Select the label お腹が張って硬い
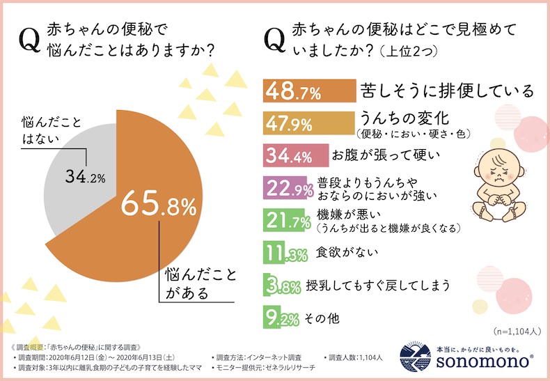pyautogui.click(x=374, y=153)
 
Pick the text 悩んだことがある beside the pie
pyautogui.click(x=190, y=283)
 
